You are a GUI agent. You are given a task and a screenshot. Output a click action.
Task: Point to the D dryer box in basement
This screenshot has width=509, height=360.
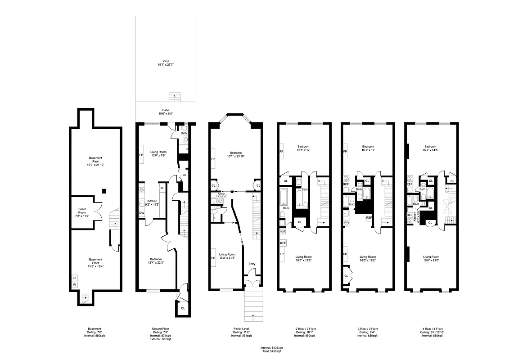(x=74, y=278)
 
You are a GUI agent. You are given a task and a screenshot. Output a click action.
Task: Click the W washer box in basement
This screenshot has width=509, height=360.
(x=74, y=285)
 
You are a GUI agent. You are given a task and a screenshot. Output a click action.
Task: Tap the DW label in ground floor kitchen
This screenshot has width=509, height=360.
(x=141, y=213)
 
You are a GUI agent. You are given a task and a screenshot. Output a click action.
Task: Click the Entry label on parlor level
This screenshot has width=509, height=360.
(x=252, y=264)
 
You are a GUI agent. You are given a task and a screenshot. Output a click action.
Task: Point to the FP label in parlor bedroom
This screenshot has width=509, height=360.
(x=213, y=159)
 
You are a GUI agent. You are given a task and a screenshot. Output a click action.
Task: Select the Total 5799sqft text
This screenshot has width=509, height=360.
(x=271, y=351)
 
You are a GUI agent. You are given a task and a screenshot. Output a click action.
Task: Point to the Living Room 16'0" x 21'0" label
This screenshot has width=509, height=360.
(x=430, y=258)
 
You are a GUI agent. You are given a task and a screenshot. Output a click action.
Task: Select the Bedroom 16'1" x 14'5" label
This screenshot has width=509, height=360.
(x=430, y=148)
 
